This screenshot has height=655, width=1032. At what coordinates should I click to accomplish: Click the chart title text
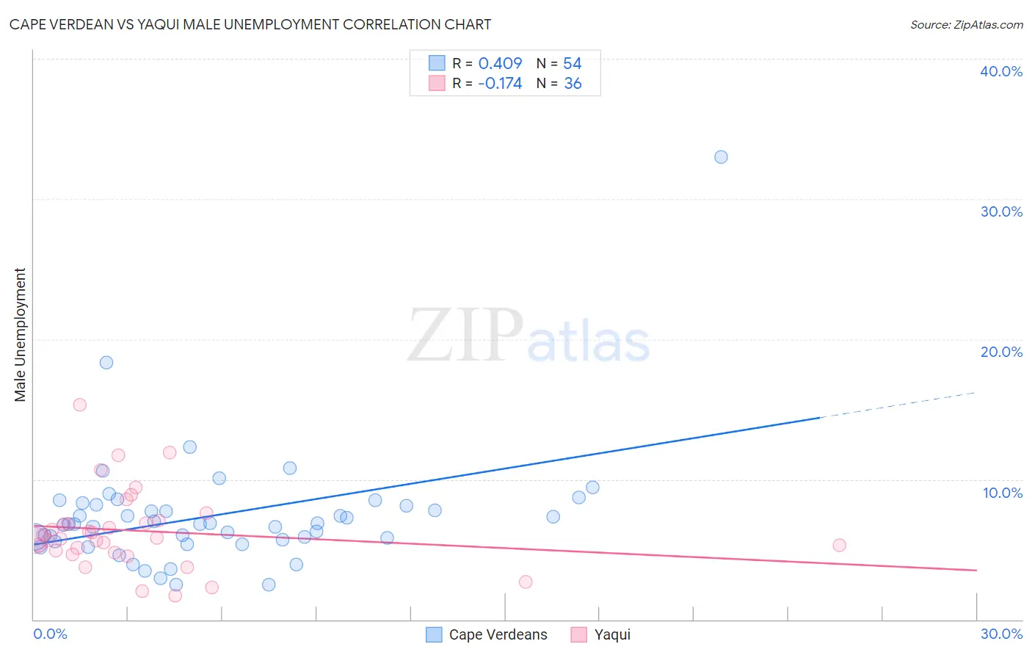tap(250, 24)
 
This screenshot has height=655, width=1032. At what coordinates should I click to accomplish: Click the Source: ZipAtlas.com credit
tap(966, 25)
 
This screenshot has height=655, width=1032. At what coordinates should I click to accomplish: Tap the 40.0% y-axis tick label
tap(1001, 71)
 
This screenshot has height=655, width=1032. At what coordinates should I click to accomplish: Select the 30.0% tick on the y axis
tap(1001, 211)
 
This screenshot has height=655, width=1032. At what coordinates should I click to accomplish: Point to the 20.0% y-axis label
tap(1001, 352)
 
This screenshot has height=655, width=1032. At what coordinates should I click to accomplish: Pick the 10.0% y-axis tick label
tap(1003, 493)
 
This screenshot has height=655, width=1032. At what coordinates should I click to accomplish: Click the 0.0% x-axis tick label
tap(50, 634)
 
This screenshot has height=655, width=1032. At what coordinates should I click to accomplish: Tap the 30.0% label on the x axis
tap(1001, 634)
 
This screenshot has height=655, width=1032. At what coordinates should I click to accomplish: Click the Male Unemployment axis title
tap(21, 335)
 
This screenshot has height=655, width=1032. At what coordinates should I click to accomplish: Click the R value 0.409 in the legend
tap(500, 64)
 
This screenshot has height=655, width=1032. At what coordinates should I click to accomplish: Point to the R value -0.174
tap(500, 84)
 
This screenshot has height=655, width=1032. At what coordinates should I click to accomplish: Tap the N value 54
tap(573, 64)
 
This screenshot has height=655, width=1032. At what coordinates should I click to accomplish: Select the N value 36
tap(573, 84)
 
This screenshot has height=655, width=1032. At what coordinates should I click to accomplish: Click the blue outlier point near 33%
tap(721, 157)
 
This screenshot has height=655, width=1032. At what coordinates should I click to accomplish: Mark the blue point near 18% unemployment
tap(106, 363)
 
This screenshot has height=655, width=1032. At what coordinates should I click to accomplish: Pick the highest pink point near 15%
tap(80, 405)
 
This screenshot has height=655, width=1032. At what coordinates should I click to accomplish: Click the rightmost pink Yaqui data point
tap(839, 545)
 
